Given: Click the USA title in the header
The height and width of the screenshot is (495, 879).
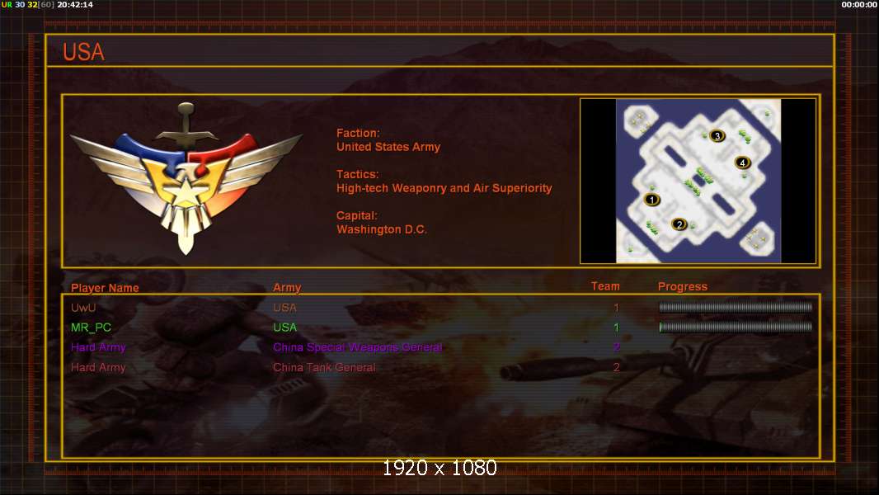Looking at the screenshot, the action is [x=83, y=52].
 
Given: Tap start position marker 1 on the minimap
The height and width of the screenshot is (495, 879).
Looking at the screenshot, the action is [x=651, y=200].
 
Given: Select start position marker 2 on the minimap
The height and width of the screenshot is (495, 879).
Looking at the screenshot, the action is [x=679, y=224].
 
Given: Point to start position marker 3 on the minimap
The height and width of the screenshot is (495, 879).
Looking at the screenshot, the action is [x=717, y=135].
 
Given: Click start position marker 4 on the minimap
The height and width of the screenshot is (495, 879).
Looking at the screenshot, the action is [x=742, y=163].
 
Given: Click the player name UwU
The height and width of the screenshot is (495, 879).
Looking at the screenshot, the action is [x=83, y=308].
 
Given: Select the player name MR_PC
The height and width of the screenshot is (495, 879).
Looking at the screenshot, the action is [x=91, y=328].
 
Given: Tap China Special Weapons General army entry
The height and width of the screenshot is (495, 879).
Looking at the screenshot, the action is [x=358, y=347].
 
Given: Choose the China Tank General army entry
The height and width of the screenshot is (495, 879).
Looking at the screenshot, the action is [x=324, y=368].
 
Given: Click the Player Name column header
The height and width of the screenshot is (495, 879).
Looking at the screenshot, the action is [x=105, y=288].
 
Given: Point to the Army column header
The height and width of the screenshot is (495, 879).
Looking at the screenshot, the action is [x=287, y=288].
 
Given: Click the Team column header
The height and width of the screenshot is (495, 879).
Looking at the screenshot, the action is [x=605, y=286].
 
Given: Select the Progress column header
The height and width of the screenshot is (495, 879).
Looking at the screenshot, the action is [x=682, y=287].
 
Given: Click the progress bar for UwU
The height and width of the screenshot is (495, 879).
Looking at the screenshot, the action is [x=736, y=307].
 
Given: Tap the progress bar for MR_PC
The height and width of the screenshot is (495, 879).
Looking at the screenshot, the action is [x=736, y=328].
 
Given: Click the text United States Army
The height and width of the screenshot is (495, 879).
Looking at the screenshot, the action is [x=388, y=148].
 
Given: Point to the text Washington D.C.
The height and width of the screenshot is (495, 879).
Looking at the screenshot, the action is [x=382, y=230].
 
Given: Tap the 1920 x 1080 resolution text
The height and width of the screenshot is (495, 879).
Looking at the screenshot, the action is [x=439, y=468].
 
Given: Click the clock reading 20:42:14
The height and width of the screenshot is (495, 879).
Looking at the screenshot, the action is [x=75, y=4].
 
